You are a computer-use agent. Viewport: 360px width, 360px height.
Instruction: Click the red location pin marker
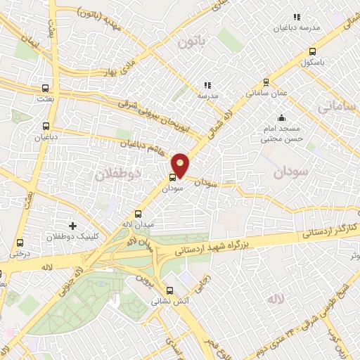pos(181,165)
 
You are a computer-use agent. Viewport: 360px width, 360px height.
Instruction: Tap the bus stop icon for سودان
pos(173,177)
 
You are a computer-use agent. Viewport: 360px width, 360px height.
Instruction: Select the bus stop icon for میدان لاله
pos(138,214)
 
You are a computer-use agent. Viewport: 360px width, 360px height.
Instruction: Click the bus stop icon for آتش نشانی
pos(169,290)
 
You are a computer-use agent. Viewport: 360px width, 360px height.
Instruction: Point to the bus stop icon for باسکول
pos(312,51)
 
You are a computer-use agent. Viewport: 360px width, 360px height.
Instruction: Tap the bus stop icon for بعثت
pos(46,89)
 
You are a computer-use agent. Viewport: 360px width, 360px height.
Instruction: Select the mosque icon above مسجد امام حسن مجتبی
pos(281,117)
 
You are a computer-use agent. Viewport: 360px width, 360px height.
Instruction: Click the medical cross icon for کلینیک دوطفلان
pos(72,225)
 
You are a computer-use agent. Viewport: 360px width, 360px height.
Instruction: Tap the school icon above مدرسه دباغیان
pos(296,16)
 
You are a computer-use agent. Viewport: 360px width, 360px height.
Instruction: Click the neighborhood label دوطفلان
pos(117,172)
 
